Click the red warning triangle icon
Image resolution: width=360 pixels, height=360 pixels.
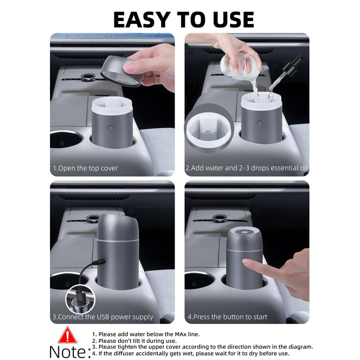coord(67,336)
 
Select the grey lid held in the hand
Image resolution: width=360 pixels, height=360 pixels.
coord(121,71)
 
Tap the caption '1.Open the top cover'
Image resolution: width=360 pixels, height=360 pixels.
coord(85,168)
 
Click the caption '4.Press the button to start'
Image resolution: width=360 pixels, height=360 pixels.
coord(227,317)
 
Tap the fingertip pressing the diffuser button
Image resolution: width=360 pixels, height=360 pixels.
coord(246,261)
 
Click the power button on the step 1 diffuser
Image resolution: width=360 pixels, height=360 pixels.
coord(110,127)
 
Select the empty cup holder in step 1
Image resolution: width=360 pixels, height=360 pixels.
coord(65,140)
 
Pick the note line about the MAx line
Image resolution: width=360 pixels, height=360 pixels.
coord(146,334)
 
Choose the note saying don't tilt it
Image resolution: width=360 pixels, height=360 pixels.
coord(134,341)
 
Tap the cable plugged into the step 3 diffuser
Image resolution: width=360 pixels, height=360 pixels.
coord(90,271)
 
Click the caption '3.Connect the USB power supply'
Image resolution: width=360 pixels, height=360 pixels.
coord(103,317)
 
